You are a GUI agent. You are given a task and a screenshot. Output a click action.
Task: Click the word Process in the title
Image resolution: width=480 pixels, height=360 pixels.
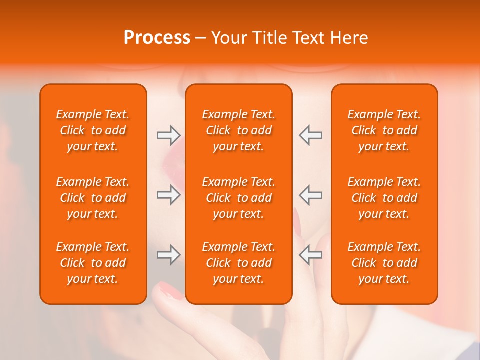(x=157, y=38)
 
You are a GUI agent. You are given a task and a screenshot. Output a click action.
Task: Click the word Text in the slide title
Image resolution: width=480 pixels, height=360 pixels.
(x=306, y=38)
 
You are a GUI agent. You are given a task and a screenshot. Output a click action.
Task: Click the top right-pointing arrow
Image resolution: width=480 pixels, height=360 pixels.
(x=168, y=135)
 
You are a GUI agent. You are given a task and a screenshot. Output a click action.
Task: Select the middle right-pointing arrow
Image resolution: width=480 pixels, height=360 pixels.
(x=168, y=195)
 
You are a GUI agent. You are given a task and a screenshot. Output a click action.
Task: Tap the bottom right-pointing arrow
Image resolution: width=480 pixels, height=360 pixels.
(x=168, y=255)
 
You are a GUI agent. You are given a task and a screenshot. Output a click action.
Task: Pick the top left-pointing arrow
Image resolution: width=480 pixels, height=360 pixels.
(x=310, y=135)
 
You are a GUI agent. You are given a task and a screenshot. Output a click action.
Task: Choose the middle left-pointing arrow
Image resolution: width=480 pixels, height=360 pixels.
(x=310, y=195)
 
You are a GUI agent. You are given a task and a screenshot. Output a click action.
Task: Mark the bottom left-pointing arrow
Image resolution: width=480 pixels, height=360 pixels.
(x=310, y=255)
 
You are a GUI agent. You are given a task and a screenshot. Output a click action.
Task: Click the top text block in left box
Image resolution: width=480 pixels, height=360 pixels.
(x=93, y=130)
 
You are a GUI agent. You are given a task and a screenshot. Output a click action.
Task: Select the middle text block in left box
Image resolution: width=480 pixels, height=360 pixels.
(x=93, y=198)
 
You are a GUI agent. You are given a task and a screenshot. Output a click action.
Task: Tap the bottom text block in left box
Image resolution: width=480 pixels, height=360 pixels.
(x=93, y=263)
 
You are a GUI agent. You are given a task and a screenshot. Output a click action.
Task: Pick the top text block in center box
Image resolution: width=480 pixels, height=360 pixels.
(x=239, y=130)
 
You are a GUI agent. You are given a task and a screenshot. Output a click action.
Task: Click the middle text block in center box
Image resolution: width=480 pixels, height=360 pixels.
(x=239, y=198)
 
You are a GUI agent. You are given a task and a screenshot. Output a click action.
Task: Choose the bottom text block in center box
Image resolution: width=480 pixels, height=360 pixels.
(x=239, y=263)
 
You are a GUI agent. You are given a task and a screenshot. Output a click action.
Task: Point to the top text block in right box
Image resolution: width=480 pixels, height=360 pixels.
(x=384, y=130)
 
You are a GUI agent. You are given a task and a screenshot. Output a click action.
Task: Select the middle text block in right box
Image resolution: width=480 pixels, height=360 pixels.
(x=384, y=198)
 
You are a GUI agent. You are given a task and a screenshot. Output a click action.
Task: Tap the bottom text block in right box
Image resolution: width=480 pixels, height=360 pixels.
(x=384, y=263)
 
